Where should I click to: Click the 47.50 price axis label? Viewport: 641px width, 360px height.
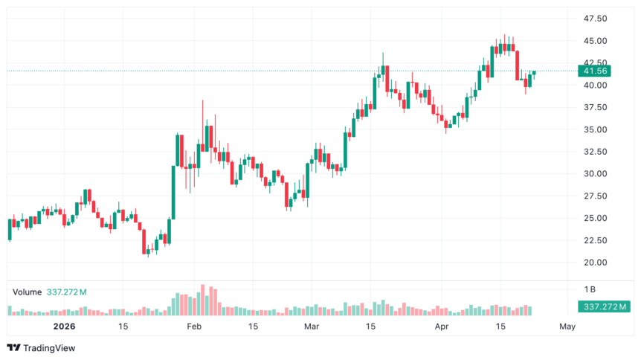coord(596,19)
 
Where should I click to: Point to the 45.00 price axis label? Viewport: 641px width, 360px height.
coord(596,41)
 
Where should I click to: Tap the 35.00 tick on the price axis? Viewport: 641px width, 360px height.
coord(596,129)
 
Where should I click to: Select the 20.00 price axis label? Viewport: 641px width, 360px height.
coord(596,263)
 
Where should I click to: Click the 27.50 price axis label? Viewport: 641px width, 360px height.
coord(596,196)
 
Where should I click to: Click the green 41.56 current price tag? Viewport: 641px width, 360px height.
coord(596,71)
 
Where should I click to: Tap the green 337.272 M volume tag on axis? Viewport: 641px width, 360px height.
coord(603,306)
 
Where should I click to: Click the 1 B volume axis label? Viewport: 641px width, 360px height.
coord(590,289)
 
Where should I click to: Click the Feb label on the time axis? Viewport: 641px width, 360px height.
coord(194,327)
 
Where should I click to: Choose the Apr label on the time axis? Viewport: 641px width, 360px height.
coord(442,327)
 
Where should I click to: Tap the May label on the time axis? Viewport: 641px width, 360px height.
coord(567,327)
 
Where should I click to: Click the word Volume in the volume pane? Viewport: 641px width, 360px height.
coord(28,292)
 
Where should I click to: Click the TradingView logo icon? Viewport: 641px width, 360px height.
coord(13,347)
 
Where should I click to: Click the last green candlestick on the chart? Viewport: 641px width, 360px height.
coord(534,72)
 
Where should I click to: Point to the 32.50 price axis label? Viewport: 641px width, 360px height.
coord(596,152)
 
